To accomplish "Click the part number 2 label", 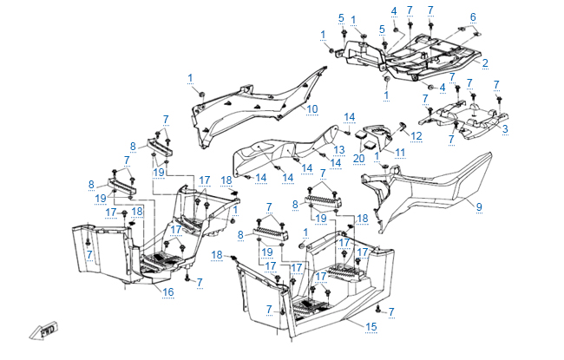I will click(485, 62).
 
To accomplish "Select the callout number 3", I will click(505, 128).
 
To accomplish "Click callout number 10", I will click(312, 108).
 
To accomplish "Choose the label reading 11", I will click(400, 154).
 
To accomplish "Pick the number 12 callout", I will click(416, 135).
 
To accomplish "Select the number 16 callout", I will click(168, 292).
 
